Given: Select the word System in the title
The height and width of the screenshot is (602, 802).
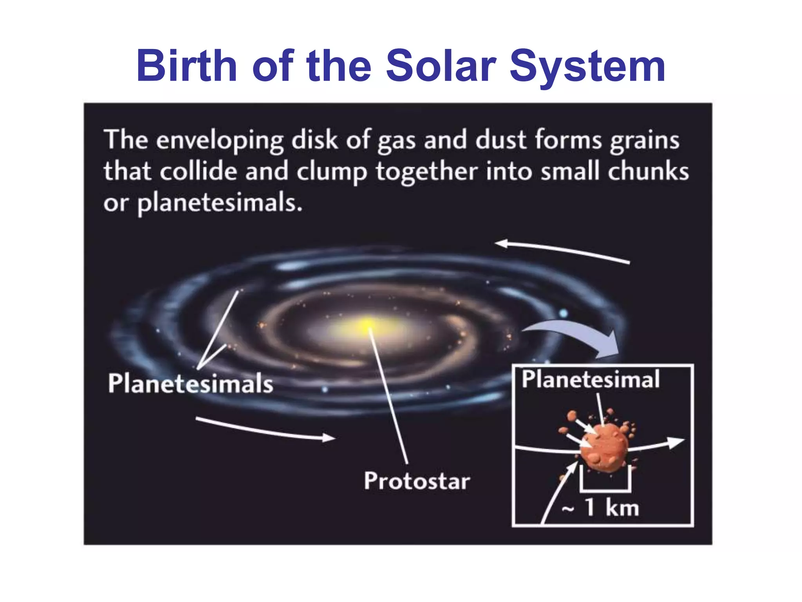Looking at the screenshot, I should click(x=587, y=67).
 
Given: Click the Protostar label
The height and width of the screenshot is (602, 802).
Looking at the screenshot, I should click(x=417, y=481).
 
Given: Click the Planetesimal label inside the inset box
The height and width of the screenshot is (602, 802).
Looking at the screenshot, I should click(x=590, y=379).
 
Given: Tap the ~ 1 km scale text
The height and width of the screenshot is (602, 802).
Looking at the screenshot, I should click(x=601, y=508).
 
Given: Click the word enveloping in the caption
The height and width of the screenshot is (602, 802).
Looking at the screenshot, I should click(x=220, y=140).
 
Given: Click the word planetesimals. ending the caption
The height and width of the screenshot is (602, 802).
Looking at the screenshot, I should click(x=220, y=203).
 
